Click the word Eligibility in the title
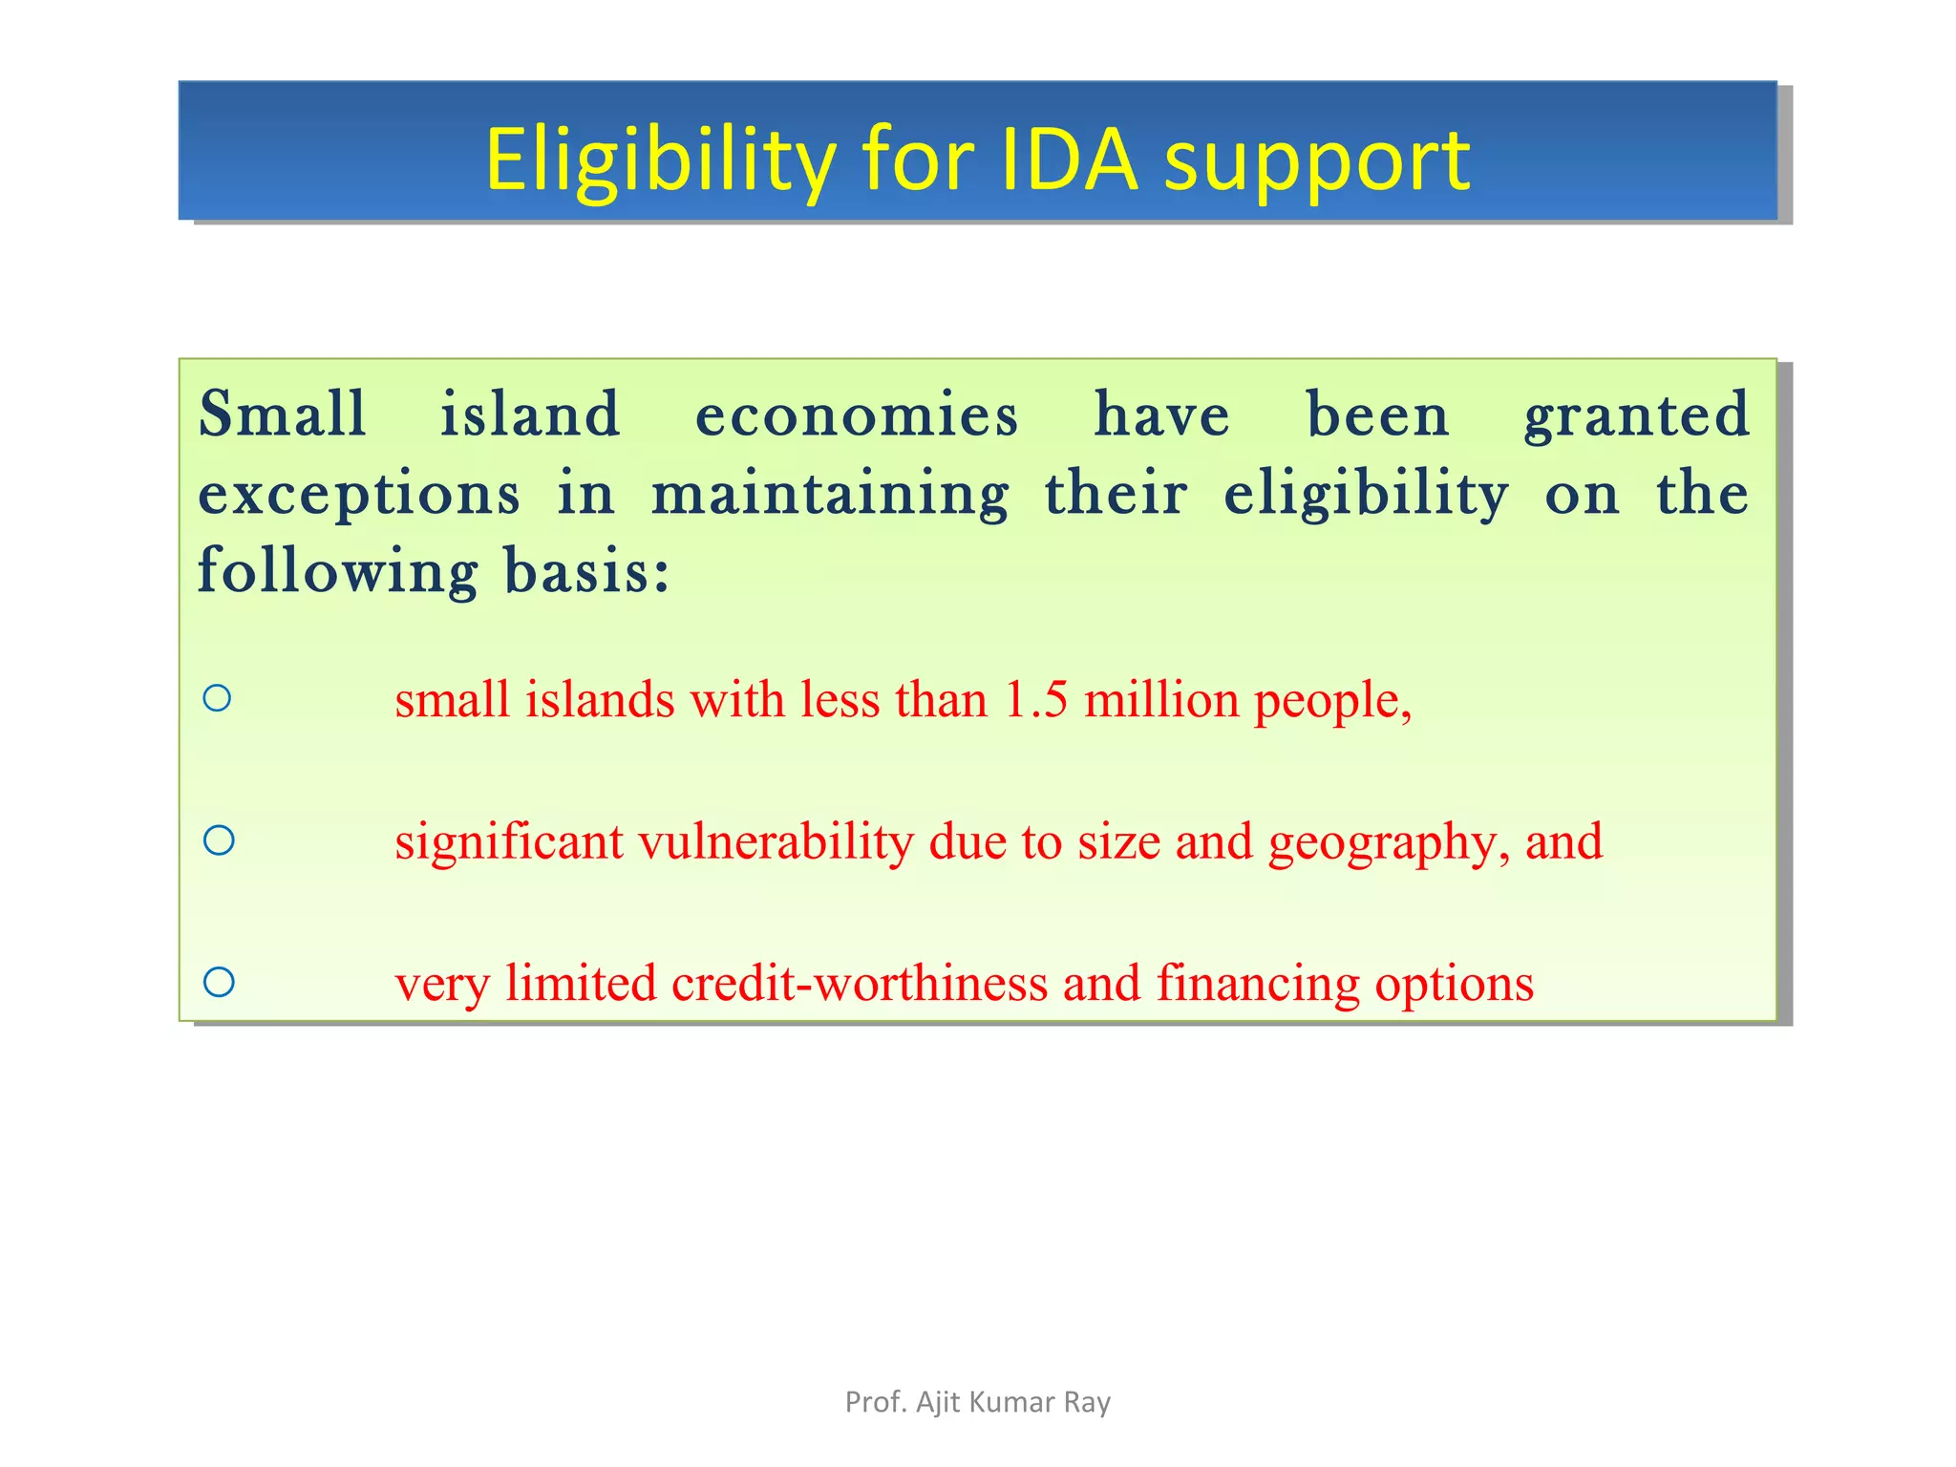pos(660,160)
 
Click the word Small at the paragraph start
pos(283,415)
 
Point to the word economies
pos(857,416)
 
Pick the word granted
pos(1636,416)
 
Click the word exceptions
pos(359,495)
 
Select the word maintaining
pos(830,495)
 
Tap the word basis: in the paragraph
pos(586,571)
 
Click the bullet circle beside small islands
pos(218,698)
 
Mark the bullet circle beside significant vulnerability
pos(219,840)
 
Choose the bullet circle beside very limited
pos(219,982)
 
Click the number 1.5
pos(1035,699)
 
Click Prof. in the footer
pos(875,1402)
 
